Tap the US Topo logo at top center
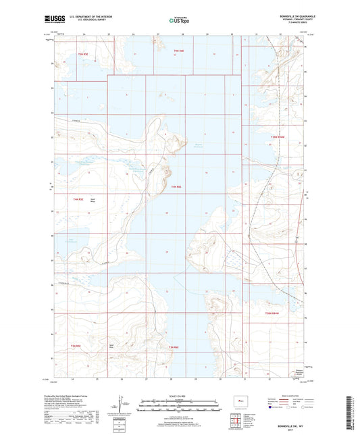pyautogui.click(x=177, y=20)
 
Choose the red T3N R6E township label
pyautogui.click(x=174, y=347)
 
